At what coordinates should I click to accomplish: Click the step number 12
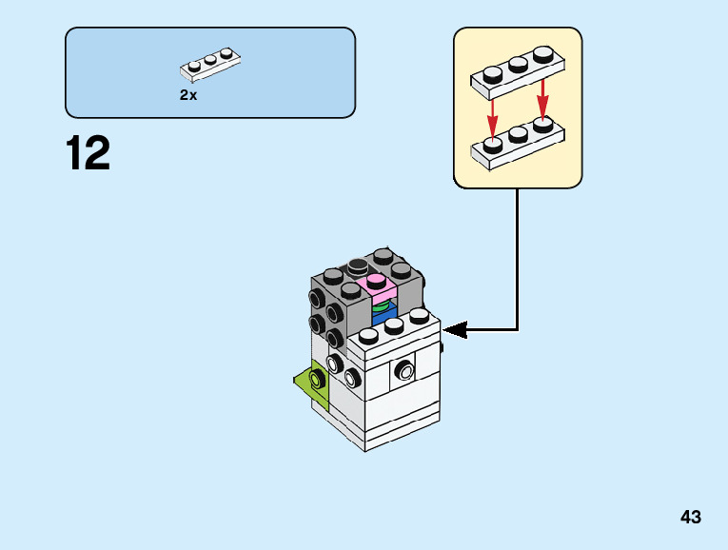tap(89, 154)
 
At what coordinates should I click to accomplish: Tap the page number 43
tap(691, 517)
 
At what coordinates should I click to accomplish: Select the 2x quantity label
tap(188, 95)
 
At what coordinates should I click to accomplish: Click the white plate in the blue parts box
tap(209, 65)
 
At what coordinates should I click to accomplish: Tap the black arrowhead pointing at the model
tap(456, 330)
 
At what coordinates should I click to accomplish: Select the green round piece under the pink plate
tap(384, 307)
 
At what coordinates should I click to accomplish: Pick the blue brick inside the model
tap(385, 320)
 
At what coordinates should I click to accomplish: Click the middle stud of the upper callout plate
tap(519, 64)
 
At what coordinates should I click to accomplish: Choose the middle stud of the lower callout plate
tap(519, 135)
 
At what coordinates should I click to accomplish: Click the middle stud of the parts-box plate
tap(209, 59)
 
